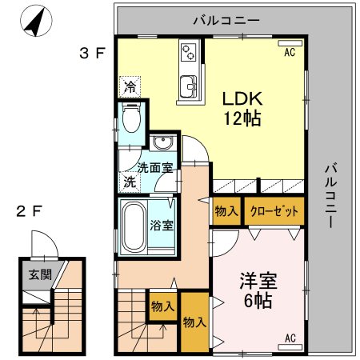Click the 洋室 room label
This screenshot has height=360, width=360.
click(x=258, y=283)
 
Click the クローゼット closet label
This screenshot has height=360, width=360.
click(x=274, y=212)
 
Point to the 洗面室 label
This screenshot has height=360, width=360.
click(x=155, y=168)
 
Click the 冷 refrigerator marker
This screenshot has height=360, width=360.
click(x=129, y=85)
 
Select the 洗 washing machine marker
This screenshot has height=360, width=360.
click(x=128, y=182)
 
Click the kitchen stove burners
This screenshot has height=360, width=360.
click(x=190, y=52)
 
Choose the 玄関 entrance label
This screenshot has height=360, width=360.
click(x=39, y=275)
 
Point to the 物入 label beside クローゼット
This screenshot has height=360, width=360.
click(x=226, y=212)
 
